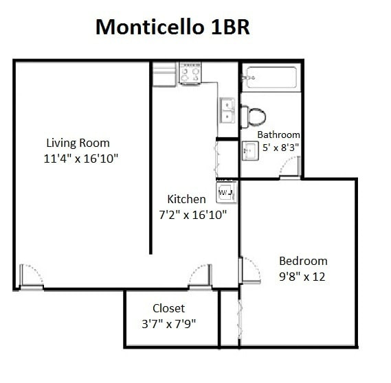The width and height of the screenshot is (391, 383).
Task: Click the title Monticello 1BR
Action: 172,27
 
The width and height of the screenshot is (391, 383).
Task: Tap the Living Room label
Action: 78,143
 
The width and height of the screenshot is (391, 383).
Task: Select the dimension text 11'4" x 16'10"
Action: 80,159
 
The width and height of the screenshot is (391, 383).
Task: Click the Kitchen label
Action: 186,199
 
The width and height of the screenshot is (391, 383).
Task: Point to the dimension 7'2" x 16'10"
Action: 193,215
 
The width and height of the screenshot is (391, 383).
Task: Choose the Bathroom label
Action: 278,135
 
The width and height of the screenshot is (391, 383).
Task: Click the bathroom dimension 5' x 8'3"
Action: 280,148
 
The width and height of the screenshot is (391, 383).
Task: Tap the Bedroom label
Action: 303,261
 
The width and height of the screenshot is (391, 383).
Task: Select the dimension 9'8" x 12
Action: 302,277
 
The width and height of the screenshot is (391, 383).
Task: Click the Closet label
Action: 168,308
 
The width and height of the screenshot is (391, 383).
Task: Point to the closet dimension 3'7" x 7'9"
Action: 168,324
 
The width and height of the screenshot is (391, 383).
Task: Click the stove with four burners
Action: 190,73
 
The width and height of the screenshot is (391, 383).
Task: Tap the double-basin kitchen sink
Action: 227,110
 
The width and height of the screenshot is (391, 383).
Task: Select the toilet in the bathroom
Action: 254,117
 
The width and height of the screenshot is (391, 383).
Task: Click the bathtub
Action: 271,77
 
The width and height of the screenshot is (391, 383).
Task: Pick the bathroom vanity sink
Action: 250,150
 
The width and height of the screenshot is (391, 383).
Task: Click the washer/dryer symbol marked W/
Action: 226,192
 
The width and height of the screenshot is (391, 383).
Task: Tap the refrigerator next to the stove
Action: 165,74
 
